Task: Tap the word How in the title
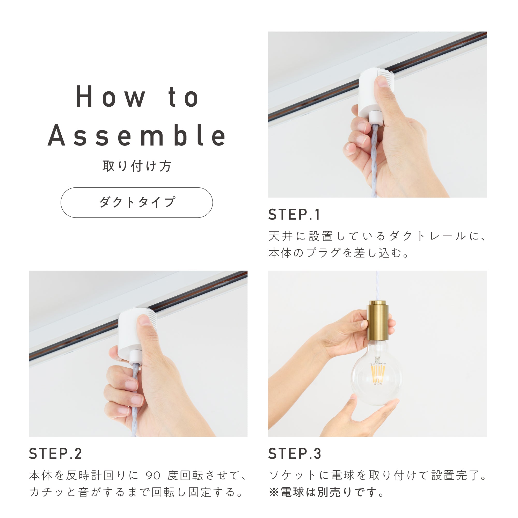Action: (111, 97)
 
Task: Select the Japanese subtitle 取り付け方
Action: (137, 166)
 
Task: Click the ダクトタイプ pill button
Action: (137, 202)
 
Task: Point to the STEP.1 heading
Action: (294, 215)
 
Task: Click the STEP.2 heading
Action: (55, 454)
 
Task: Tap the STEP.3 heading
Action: (295, 454)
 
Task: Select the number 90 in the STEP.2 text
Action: (153, 475)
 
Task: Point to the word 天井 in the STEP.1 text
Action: (280, 236)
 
